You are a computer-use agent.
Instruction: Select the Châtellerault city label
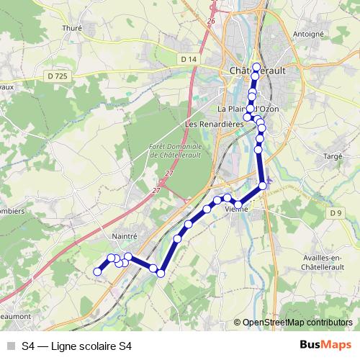pos(256,71)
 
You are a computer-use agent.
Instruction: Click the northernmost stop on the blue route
pos(256,66)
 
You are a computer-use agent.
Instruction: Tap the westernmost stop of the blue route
pos(98,271)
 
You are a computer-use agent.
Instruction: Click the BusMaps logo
pos(325,345)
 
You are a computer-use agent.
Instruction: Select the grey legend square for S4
pos(11,346)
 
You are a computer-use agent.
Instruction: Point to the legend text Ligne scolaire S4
pos(89,346)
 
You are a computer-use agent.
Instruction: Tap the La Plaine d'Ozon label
pos(245,109)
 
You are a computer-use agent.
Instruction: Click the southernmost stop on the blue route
pos(161,273)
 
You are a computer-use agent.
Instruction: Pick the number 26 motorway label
pos(212,22)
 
